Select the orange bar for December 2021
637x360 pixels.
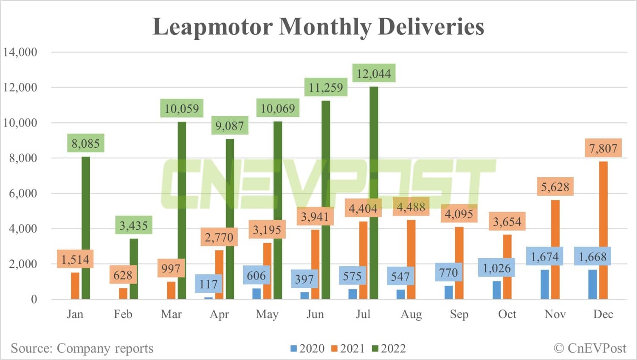pos(603,229)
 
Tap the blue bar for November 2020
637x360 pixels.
pos(544,284)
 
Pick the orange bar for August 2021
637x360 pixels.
pos(411,259)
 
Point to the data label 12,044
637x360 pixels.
pos(374,73)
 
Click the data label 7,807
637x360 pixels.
pos(603,148)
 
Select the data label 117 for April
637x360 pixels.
pos(209,284)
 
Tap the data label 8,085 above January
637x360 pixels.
pos(85,143)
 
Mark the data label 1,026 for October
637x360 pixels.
pos(496,268)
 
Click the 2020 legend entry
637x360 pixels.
pos(307,349)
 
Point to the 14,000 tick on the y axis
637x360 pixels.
pos(20,52)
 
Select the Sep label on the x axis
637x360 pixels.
pos(459,314)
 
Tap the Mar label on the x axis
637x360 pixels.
pos(171,314)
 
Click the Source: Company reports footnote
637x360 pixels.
pos(82,348)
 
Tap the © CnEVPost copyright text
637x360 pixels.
pos(590,348)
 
